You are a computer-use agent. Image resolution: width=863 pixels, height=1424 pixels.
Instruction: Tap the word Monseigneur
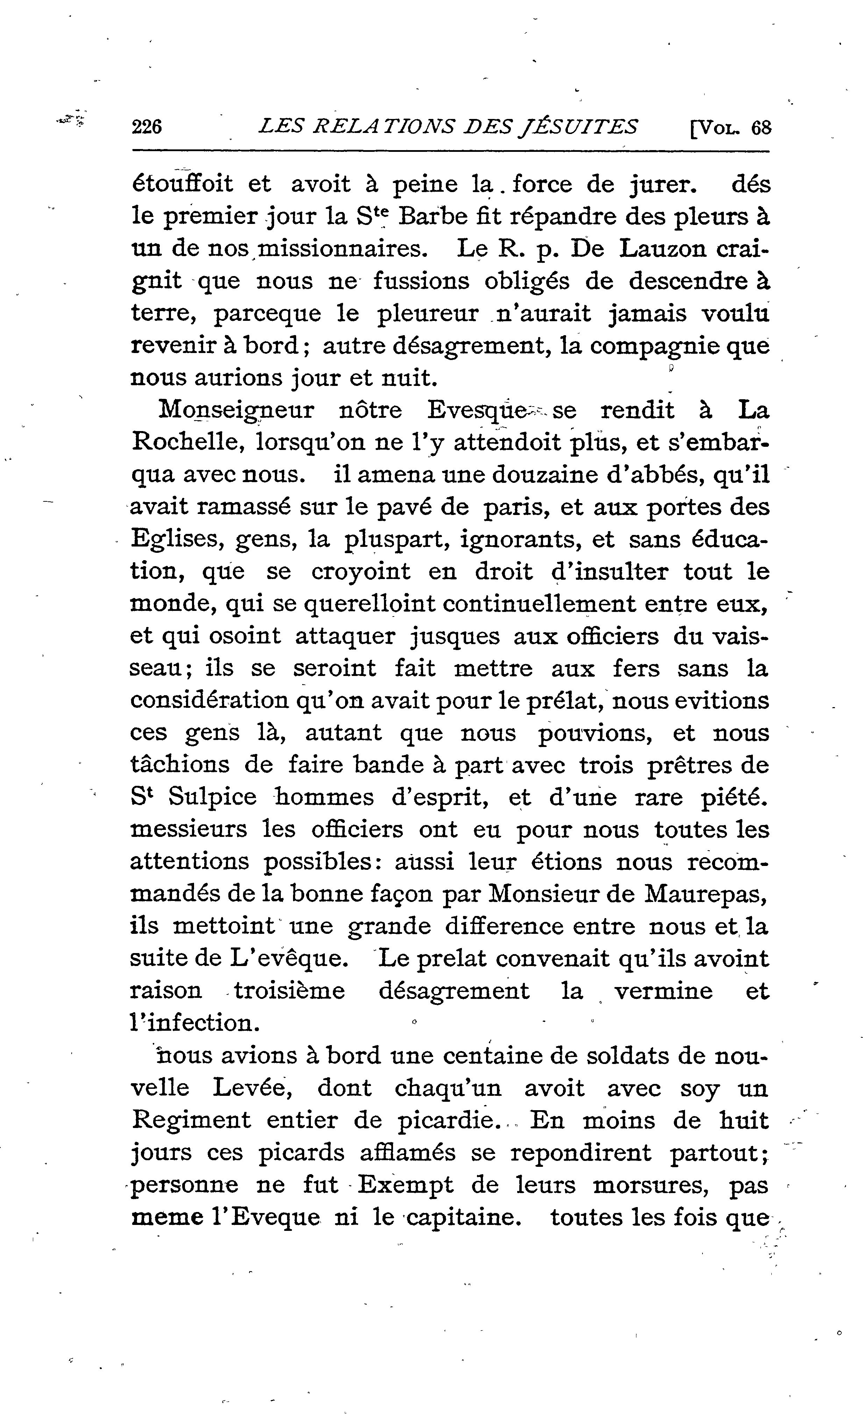point(236,410)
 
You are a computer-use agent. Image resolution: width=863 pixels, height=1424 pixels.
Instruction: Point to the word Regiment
point(191,1120)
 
